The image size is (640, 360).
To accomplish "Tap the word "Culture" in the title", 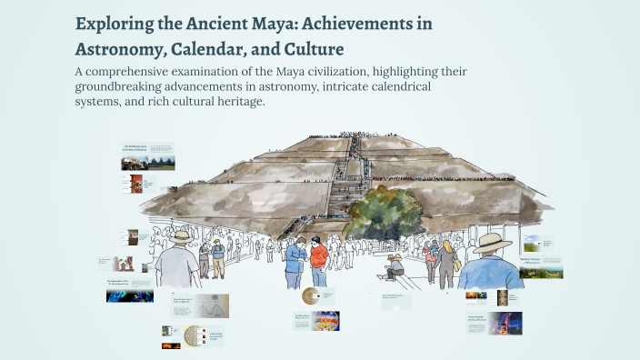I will (x=314, y=48).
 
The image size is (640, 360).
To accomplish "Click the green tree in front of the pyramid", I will (x=383, y=214).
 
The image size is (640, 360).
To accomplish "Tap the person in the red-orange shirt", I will (x=318, y=260).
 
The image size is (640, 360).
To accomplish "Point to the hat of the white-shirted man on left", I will (x=181, y=236).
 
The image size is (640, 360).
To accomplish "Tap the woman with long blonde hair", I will (x=447, y=259).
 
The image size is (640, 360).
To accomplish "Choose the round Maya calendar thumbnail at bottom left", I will (x=194, y=335).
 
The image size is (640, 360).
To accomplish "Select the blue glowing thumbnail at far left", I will (x=130, y=295).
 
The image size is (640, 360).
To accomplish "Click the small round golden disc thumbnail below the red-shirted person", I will (x=311, y=295).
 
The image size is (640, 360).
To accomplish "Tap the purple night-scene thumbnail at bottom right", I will (x=505, y=323).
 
